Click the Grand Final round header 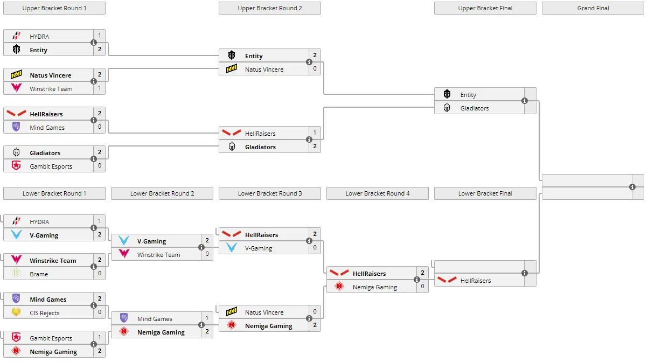click(593, 8)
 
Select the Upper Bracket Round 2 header click(270, 8)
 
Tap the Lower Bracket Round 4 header click(378, 193)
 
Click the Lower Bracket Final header click(485, 193)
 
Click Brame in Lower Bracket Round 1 click(39, 274)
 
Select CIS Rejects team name click(45, 313)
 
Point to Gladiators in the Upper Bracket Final click(475, 108)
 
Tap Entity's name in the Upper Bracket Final click(468, 95)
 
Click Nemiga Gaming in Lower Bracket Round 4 click(374, 287)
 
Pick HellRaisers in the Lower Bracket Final click(476, 281)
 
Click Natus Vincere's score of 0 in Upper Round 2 click(315, 68)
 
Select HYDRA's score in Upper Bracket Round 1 click(100, 36)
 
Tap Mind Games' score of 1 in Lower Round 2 click(207, 318)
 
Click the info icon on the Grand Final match click(632, 187)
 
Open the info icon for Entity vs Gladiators click(525, 101)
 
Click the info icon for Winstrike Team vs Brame click(94, 267)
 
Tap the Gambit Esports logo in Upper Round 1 click(16, 165)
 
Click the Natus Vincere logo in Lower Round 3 click(232, 311)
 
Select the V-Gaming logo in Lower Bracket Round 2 click(124, 240)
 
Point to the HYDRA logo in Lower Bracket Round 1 click(16, 221)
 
